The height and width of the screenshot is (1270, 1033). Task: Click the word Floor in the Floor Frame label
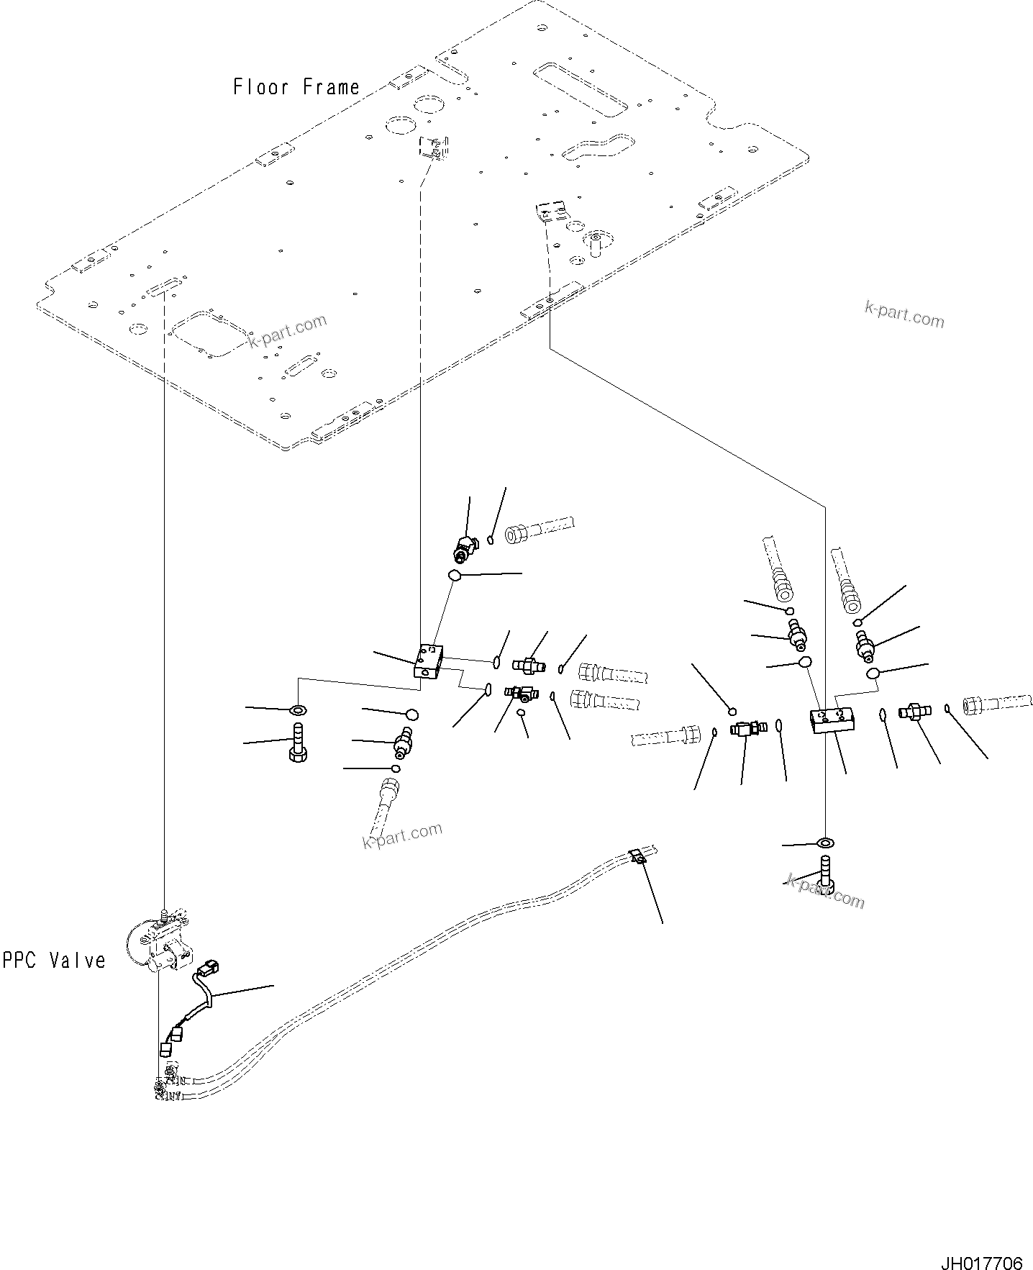[x=260, y=87]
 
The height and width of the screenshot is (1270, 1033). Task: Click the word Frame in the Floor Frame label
[x=330, y=87]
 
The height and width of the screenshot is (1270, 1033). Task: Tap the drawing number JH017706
[x=980, y=1244]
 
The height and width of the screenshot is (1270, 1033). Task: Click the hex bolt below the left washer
[x=298, y=743]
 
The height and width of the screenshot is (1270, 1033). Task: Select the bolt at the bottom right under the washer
[x=825, y=875]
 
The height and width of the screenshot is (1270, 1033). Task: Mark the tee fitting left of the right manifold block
[x=745, y=729]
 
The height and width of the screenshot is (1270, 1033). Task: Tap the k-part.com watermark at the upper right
[x=904, y=314]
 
